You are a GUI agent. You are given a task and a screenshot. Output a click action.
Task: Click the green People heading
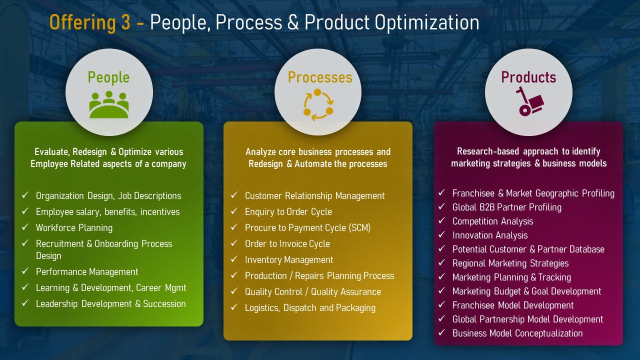tap(108, 77)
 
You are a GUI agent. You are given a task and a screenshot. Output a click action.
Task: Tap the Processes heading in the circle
tap(319, 77)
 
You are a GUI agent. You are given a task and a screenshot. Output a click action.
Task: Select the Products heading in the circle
tap(528, 77)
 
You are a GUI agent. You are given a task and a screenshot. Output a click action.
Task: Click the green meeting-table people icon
tap(109, 104)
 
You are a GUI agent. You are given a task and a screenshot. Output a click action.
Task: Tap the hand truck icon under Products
tap(528, 101)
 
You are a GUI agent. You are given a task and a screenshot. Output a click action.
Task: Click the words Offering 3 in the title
tap(89, 23)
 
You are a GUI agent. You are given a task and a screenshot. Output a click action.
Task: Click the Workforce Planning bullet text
tap(74, 228)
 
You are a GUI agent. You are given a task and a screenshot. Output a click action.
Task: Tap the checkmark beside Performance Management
tap(25, 271)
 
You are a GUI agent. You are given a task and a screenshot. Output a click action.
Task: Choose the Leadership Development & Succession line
tap(110, 304)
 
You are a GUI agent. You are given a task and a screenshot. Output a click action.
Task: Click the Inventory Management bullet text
tap(289, 260)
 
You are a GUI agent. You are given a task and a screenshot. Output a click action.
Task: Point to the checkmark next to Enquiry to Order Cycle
tap(234, 211)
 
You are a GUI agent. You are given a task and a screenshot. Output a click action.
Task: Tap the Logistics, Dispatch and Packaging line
tap(310, 308)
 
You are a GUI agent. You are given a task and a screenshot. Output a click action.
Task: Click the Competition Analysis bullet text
tap(492, 221)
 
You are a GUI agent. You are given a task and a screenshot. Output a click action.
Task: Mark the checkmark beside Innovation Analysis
tap(442, 235)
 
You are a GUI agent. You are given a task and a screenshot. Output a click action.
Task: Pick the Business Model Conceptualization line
tap(517, 333)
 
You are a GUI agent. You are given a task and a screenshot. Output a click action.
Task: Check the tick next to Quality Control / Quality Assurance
tap(234, 291)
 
